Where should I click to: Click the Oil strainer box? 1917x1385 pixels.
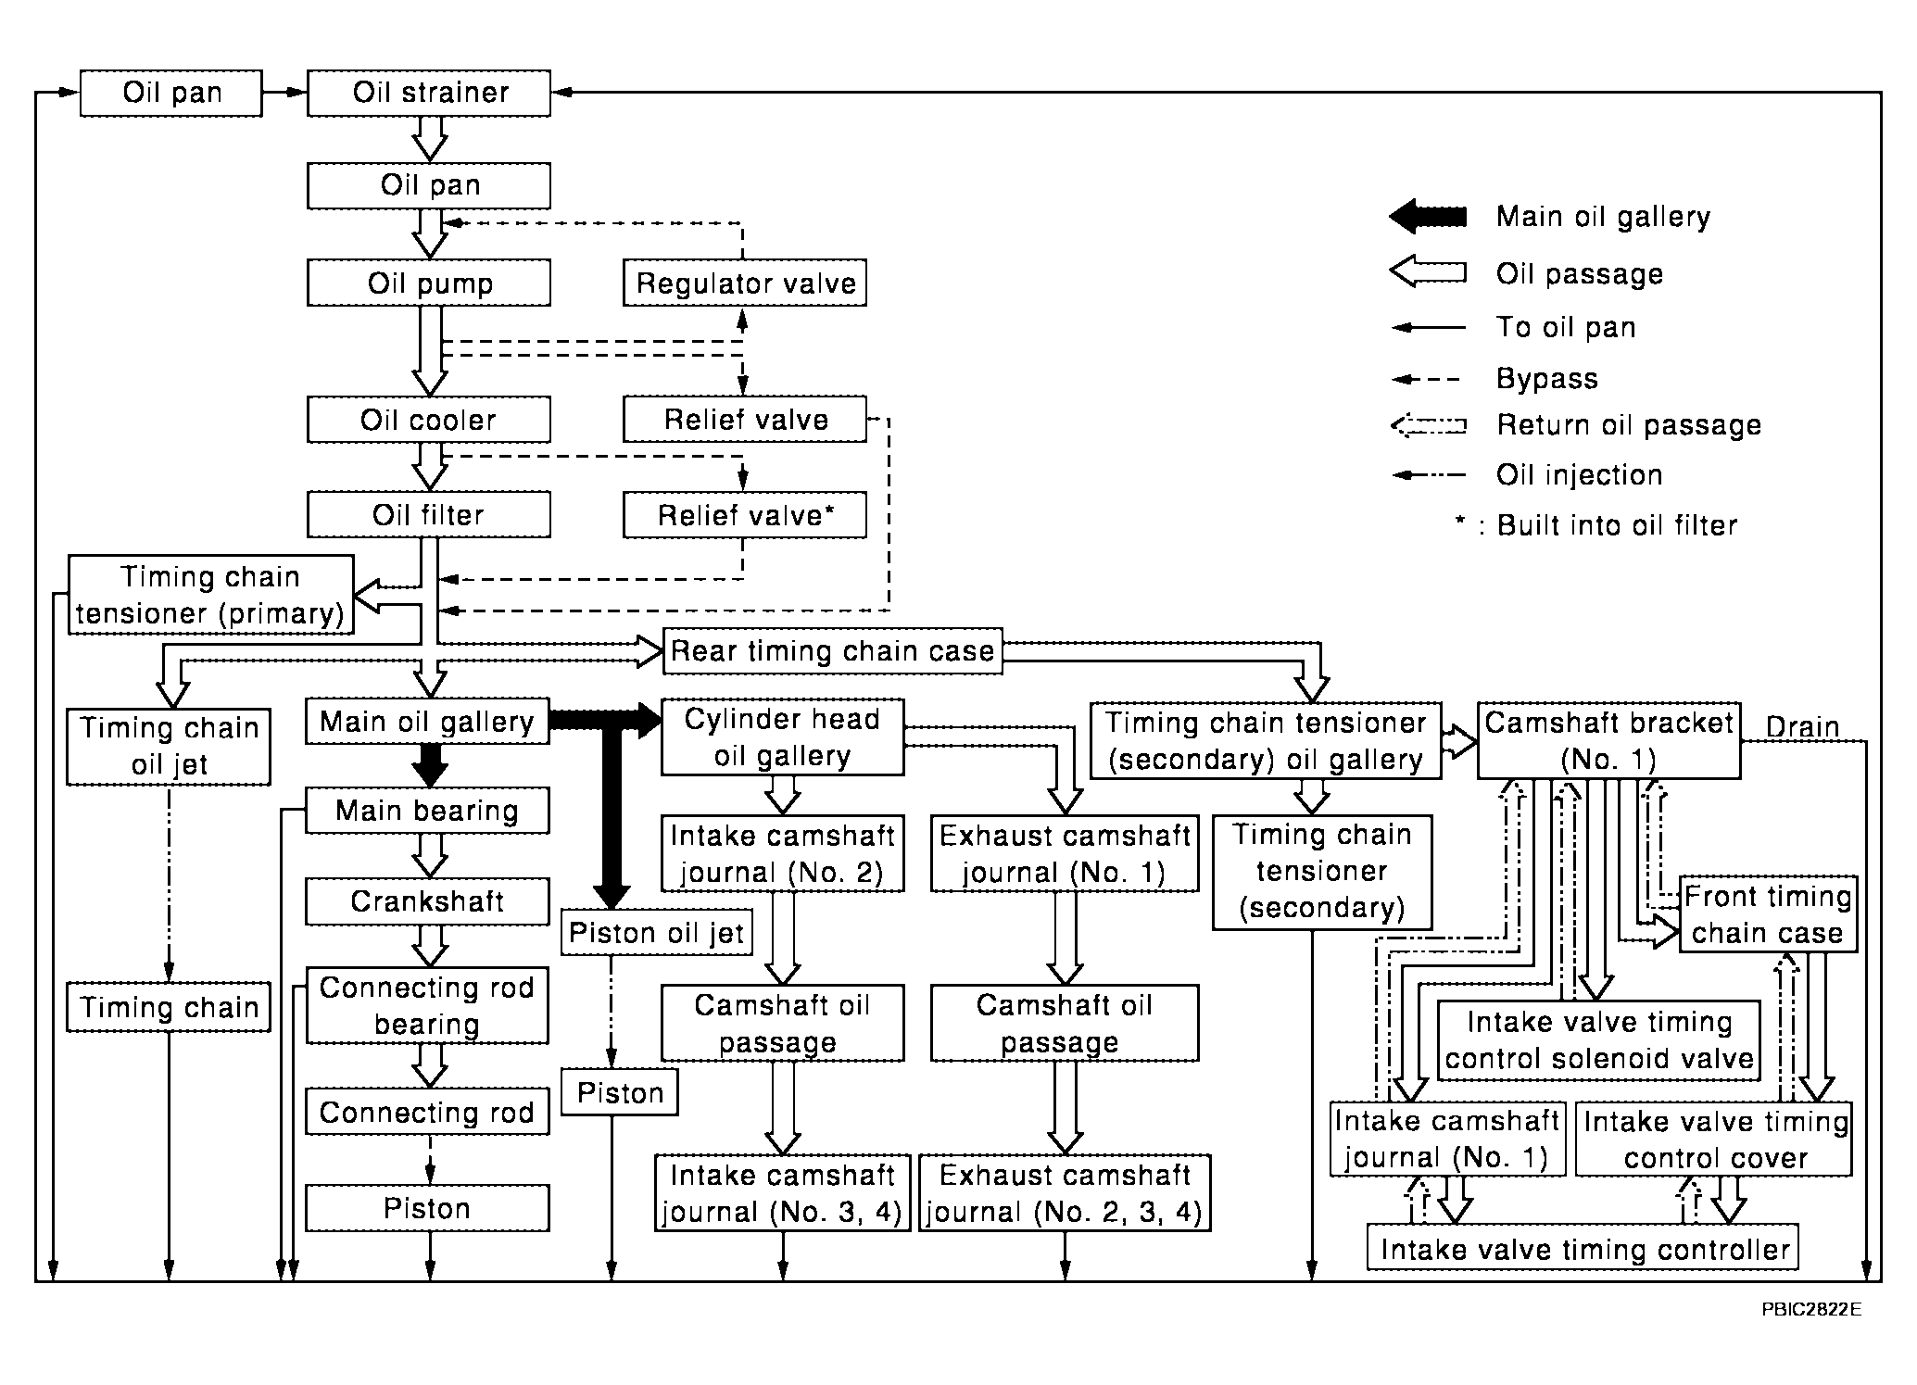pyautogui.click(x=428, y=93)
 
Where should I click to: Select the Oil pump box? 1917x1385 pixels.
pyautogui.click(x=428, y=283)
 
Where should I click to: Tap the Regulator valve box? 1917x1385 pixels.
pyautogui.click(x=745, y=283)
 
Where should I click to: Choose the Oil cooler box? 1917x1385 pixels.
pyautogui.click(x=428, y=420)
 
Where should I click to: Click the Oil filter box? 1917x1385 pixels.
pyautogui.click(x=428, y=514)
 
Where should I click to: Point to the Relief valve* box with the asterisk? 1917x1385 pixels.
pyautogui.click(x=745, y=514)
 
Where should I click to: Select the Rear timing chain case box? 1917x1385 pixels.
pyautogui.click(x=833, y=650)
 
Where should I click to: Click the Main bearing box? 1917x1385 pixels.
pyautogui.click(x=427, y=811)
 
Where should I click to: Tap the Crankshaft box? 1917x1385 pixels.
pyautogui.click(x=427, y=901)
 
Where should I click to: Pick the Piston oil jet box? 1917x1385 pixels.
pyautogui.click(x=657, y=932)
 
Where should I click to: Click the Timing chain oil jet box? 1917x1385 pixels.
pyautogui.click(x=169, y=747)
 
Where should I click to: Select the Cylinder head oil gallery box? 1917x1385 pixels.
pyautogui.click(x=782, y=737)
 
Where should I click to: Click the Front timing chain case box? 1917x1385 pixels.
pyautogui.click(x=1768, y=913)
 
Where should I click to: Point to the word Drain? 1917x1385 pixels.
pyautogui.click(x=1802, y=727)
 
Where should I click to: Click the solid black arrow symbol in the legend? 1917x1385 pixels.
pyautogui.click(x=1428, y=217)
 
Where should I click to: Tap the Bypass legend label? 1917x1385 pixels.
pyautogui.click(x=1547, y=378)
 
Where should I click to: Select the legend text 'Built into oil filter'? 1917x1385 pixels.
pyautogui.click(x=1617, y=525)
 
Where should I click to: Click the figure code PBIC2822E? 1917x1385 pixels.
pyautogui.click(x=1811, y=1310)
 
